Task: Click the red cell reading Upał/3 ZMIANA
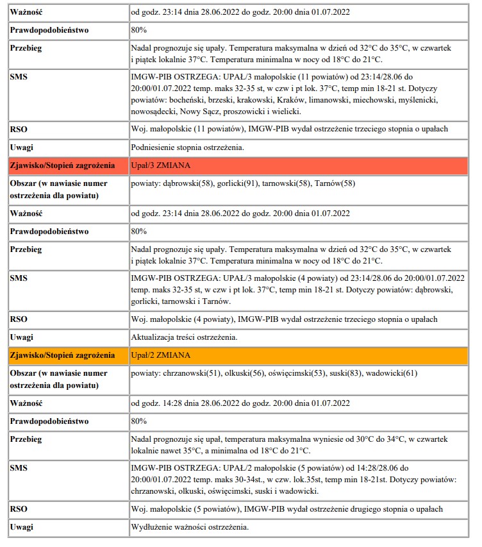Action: pos(161,165)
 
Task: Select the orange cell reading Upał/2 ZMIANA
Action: pos(161,355)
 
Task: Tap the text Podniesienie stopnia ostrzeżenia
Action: pos(187,147)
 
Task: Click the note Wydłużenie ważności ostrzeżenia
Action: pos(189,527)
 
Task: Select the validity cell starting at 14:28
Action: pos(240,403)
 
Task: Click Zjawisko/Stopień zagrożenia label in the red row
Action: pos(62,165)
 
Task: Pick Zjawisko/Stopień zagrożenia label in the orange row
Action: pos(62,355)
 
